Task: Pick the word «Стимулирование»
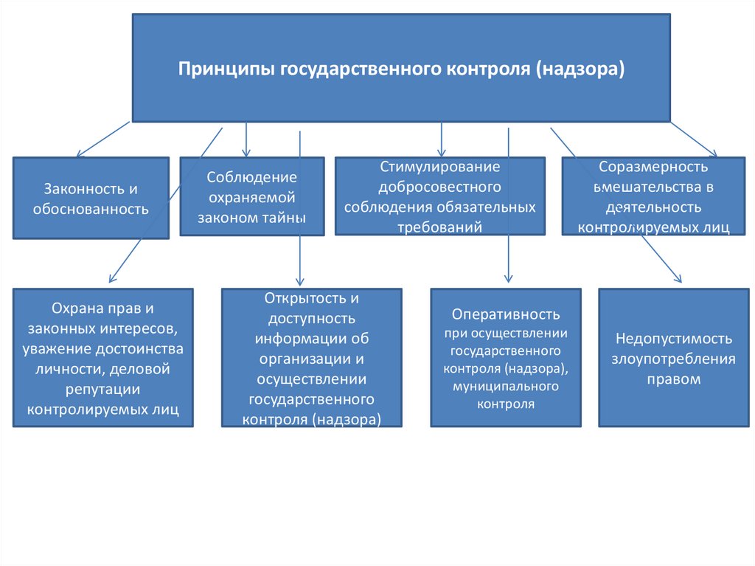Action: point(440,168)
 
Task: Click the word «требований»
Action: point(440,227)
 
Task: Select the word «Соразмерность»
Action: point(653,168)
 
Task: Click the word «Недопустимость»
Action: point(673,339)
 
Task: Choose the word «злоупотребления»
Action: point(673,359)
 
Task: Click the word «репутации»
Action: point(102,388)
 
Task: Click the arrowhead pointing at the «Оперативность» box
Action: point(508,279)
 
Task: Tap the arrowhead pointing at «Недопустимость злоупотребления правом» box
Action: point(678,279)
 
